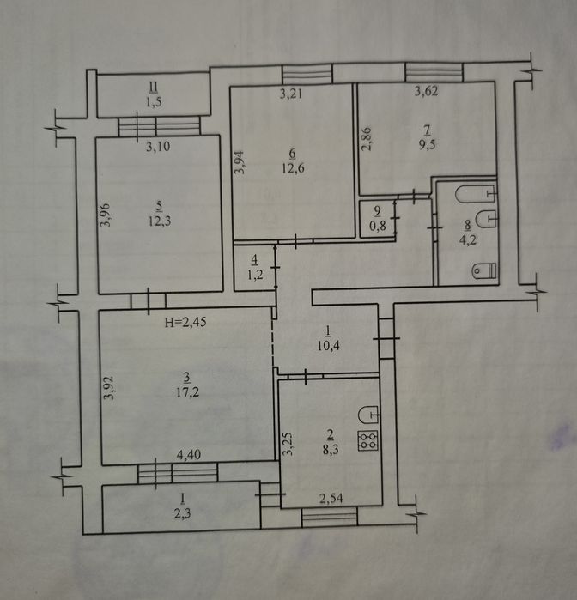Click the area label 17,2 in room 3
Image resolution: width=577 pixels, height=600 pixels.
(188, 392)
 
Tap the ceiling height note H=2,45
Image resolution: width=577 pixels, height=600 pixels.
(185, 322)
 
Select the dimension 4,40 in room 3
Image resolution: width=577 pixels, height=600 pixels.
(189, 454)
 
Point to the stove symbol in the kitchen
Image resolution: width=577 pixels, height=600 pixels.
(368, 440)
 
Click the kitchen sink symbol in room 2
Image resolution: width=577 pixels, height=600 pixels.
(368, 415)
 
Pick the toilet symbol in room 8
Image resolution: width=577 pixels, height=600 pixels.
(485, 270)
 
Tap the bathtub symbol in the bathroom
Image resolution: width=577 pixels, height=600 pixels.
(476, 194)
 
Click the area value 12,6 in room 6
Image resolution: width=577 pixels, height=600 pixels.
(294, 168)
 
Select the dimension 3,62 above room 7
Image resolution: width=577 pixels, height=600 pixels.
(427, 91)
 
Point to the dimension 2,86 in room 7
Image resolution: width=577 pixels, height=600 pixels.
(367, 139)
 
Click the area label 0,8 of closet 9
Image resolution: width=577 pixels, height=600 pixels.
(378, 226)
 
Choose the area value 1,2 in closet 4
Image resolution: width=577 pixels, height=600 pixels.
(255, 275)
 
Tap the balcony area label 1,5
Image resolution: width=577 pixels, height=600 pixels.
(153, 102)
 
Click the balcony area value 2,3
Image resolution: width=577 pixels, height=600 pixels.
(183, 513)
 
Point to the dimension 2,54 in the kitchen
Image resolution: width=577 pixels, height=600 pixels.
(331, 498)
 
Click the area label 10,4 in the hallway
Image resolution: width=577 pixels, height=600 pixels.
(329, 346)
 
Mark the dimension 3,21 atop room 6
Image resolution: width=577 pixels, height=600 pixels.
(291, 94)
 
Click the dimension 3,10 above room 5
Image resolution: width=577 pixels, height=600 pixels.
(158, 146)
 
